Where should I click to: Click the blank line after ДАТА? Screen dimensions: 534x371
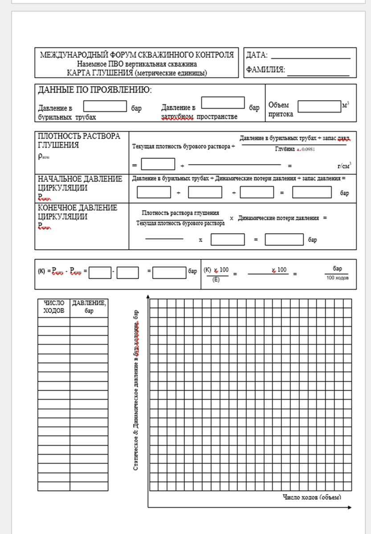[x=310, y=57]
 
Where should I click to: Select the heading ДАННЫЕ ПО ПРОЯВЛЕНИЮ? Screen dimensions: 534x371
[x=94, y=90]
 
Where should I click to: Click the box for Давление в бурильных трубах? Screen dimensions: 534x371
[x=105, y=106]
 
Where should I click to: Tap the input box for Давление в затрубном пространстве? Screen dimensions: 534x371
[x=223, y=102]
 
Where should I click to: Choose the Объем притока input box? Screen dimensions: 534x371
[x=319, y=106]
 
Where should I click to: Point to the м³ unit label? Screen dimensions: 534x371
[x=345, y=105]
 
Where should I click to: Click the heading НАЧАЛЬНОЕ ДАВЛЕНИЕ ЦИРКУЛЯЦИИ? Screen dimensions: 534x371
[x=80, y=183]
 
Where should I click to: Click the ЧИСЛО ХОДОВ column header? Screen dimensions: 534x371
[x=54, y=307]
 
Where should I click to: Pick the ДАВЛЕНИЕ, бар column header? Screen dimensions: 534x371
[x=89, y=307]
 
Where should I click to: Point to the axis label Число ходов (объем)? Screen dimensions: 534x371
[x=312, y=496]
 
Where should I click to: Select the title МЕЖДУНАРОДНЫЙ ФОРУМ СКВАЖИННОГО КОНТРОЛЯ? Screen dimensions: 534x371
[x=137, y=55]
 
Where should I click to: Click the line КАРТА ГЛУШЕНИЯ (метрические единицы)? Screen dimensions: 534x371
[x=137, y=73]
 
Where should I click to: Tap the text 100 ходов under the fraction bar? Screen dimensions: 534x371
[x=337, y=278]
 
